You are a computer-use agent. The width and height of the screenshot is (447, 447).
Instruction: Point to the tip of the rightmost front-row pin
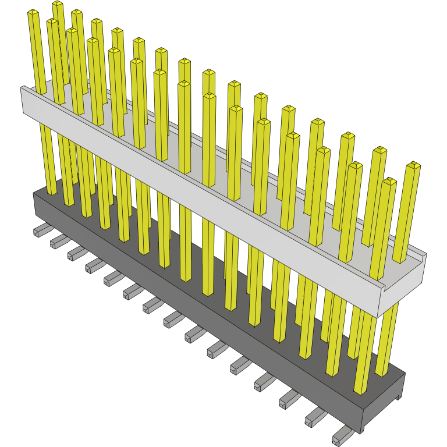[x=389, y=182]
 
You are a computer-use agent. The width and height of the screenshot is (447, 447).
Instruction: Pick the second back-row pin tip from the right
[x=379, y=151]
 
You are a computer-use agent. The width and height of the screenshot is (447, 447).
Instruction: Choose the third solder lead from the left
[x=75, y=253]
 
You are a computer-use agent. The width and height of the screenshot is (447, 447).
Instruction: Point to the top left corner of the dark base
[x=33, y=193]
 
